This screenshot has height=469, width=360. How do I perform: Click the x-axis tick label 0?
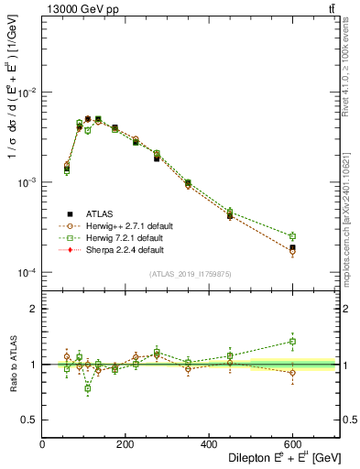coord(43,443)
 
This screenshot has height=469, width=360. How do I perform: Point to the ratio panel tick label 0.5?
coord(31,420)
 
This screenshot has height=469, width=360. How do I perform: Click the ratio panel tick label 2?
coord(35,309)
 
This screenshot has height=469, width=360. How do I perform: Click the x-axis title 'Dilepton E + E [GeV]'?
coord(273,458)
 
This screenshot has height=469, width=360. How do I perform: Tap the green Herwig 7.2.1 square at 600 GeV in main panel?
coord(292,236)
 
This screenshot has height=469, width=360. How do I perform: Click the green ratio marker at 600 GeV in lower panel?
coord(292,342)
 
